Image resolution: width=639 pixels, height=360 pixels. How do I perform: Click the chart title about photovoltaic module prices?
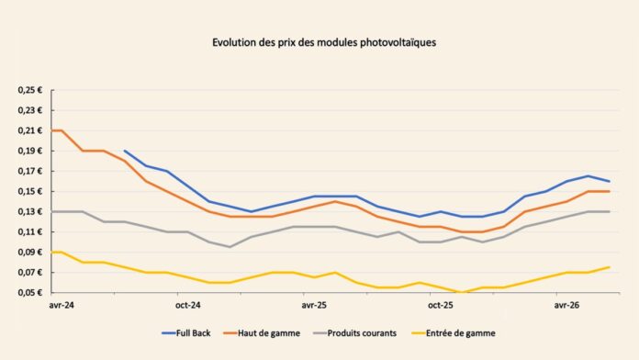click(x=324, y=43)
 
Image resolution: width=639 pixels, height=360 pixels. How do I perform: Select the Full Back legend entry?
click(x=186, y=333)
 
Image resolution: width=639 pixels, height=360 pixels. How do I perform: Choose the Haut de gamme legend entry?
click(x=262, y=333)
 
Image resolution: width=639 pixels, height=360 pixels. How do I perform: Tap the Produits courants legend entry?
click(x=354, y=333)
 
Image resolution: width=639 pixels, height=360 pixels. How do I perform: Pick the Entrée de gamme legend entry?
click(x=454, y=333)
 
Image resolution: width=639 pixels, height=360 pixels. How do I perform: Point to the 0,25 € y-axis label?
click(x=29, y=90)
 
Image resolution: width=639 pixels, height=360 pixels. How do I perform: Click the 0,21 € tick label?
click(x=29, y=130)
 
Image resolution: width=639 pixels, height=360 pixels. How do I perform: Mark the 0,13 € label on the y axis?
click(x=29, y=211)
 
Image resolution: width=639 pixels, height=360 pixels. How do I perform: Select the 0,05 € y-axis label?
click(x=29, y=292)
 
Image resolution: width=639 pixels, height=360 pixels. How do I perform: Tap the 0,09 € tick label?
click(x=29, y=252)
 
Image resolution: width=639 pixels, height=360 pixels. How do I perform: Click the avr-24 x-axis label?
click(x=62, y=306)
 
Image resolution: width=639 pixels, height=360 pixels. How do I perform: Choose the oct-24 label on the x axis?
click(x=188, y=306)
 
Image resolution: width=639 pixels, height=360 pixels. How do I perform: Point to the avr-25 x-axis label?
click(x=314, y=306)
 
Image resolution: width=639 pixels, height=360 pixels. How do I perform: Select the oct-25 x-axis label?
click(x=441, y=306)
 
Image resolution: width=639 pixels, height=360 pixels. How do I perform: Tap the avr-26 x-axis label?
click(x=566, y=306)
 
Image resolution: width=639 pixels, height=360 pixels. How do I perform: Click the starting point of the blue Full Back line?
click(x=125, y=151)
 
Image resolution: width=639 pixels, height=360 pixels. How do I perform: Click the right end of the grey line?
click(x=610, y=211)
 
